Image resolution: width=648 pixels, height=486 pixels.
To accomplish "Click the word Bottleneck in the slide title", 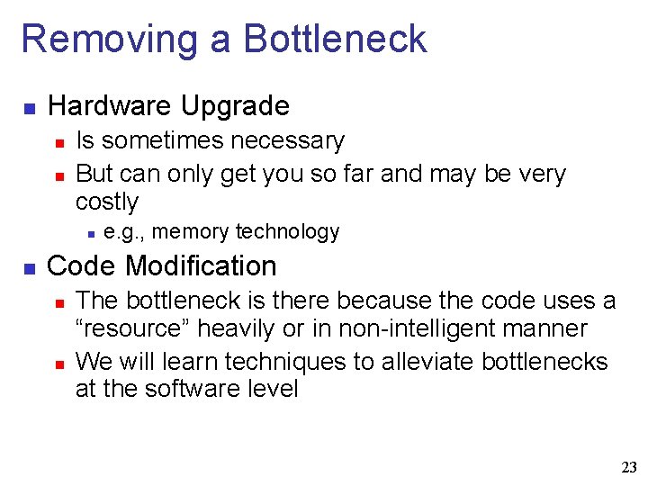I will [x=335, y=39].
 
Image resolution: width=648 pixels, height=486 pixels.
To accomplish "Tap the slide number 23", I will [x=628, y=467].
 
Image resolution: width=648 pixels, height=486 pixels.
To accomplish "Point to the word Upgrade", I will [x=235, y=106].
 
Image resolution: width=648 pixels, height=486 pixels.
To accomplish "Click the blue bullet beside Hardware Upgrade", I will [x=29, y=108].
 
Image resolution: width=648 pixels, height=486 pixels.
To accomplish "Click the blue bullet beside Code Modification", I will [x=29, y=268].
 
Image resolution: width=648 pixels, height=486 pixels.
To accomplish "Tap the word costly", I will [x=107, y=202].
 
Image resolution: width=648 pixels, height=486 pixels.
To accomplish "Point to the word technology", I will [x=287, y=232].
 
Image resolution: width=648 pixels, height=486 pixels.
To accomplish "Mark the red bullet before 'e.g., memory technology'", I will [x=91, y=234].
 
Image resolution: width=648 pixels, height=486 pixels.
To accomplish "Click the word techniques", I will [x=285, y=362].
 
